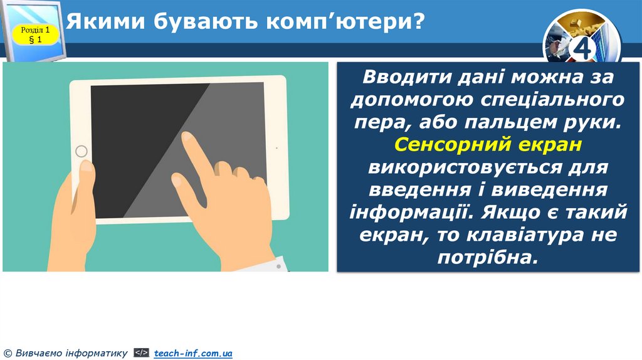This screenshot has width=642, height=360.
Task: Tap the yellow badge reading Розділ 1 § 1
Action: (35, 34)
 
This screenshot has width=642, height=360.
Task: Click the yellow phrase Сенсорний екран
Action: (488, 145)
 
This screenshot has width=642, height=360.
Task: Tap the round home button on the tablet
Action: (82, 151)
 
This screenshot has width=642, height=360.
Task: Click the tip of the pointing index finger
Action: (186, 137)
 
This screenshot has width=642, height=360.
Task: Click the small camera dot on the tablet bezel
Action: (277, 148)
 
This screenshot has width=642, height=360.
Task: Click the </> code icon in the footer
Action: (142, 354)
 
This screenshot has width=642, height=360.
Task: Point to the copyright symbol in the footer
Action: (7, 354)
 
